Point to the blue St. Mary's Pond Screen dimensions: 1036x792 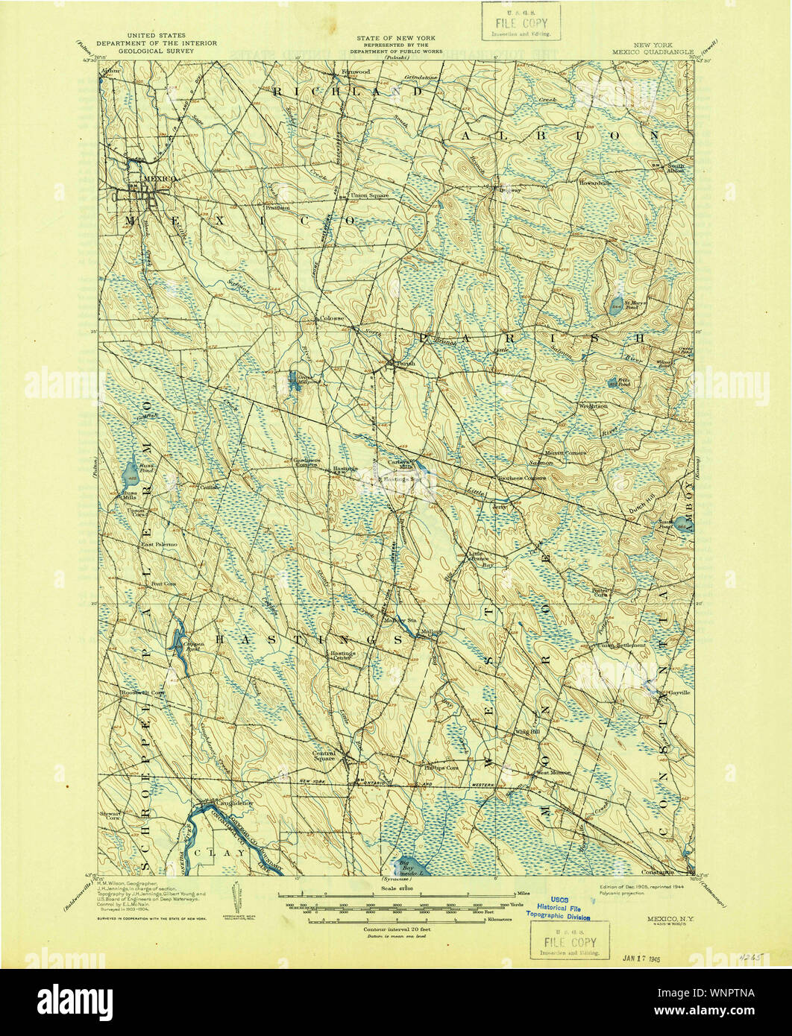(x=616, y=305)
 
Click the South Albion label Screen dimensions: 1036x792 (x=675, y=168)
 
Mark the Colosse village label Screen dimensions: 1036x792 (x=332, y=318)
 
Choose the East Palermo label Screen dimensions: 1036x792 (x=160, y=545)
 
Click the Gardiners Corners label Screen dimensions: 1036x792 (x=306, y=462)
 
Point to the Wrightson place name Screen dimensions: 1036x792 (x=593, y=406)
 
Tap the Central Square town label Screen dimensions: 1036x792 (x=324, y=756)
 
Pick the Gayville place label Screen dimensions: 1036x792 (x=679, y=692)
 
